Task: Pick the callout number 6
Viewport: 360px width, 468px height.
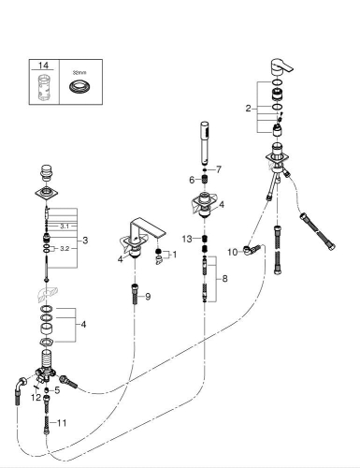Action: [x=193, y=180]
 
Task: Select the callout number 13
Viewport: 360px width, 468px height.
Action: [x=188, y=239]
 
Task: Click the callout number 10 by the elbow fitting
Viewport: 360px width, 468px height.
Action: [x=231, y=251]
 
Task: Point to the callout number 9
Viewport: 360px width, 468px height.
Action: [x=148, y=297]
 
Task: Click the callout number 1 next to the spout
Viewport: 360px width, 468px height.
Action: [x=172, y=254]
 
